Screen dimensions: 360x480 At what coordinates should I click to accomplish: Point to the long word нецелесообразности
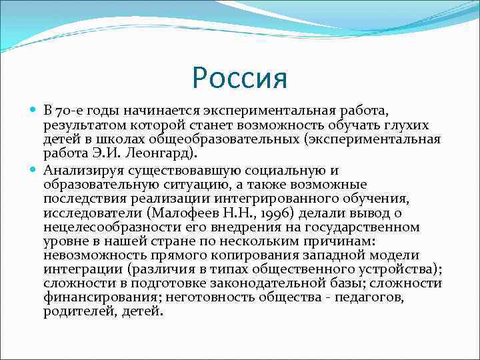pos(114,227)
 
